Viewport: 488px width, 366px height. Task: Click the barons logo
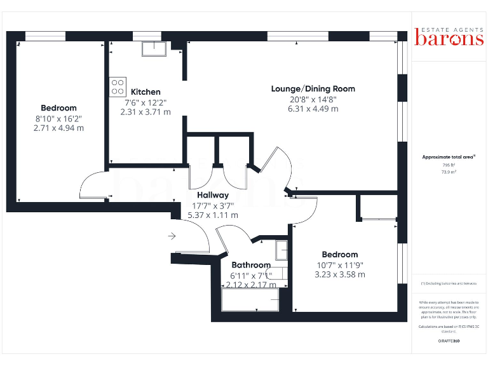pos(449,38)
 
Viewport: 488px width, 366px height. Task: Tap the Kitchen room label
pos(146,92)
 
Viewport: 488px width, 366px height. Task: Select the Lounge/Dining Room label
pos(313,89)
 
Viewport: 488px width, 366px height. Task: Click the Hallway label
pos(213,195)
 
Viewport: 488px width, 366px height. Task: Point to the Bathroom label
pos(250,265)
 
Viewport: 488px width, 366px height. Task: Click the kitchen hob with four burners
pos(118,86)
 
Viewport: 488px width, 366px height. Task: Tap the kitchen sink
pos(154,49)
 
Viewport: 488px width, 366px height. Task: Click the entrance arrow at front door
pos(172,236)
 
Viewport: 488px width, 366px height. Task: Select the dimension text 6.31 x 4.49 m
pos(313,109)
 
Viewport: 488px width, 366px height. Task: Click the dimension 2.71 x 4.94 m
pos(58,128)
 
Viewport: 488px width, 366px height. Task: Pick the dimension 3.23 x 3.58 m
pos(339,274)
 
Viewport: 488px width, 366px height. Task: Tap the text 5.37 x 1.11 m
pos(213,215)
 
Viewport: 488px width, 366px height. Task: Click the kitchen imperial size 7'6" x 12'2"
pos(146,102)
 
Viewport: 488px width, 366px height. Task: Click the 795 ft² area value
pos(449,165)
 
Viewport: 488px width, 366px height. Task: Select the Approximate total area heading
pos(449,157)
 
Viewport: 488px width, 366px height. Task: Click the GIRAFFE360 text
pos(449,341)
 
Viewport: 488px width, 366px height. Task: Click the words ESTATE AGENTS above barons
pos(449,27)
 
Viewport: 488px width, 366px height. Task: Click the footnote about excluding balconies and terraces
pos(449,283)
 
